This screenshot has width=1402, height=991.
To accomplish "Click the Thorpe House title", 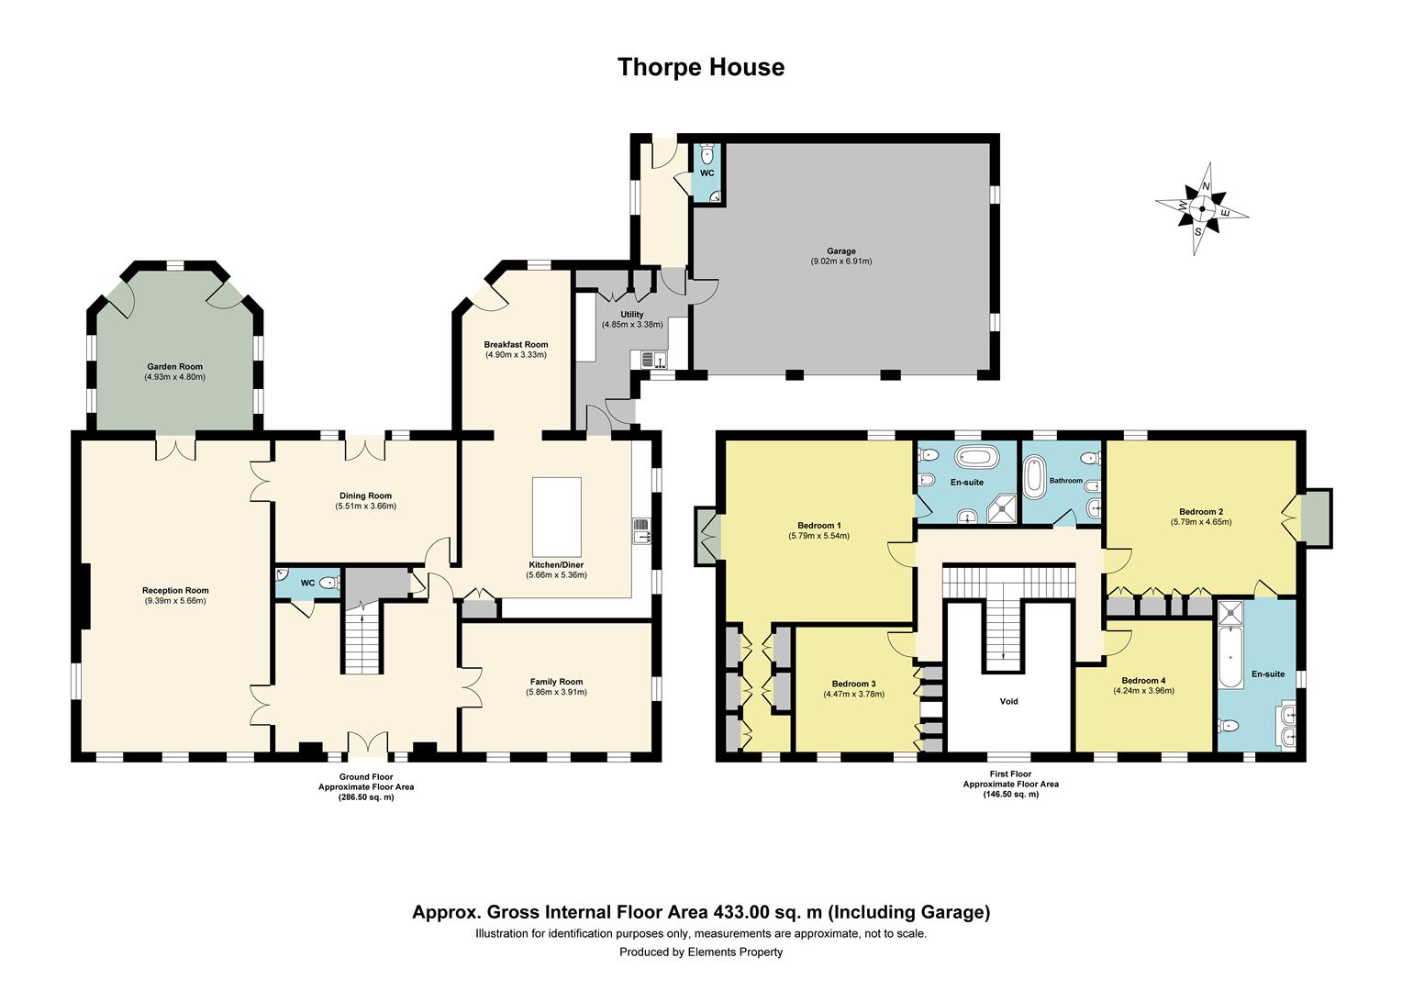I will coord(700,67).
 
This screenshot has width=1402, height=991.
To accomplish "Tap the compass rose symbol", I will coord(1201,207).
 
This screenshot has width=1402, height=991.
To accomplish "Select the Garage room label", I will coord(840,251).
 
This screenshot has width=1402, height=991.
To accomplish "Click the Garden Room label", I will coord(173,366).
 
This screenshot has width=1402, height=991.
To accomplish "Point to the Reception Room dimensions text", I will coord(175,601).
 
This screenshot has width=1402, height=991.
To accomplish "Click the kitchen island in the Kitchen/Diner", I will coord(556,511).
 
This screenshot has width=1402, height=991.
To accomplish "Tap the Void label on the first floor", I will coord(1008,701).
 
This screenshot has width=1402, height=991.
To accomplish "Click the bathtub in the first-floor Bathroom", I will coord(1036,478).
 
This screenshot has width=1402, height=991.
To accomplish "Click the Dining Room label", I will coord(365,495).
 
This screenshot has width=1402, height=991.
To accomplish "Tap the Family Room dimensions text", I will coord(556,692).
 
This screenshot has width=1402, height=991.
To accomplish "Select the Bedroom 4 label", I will coord(1143,680).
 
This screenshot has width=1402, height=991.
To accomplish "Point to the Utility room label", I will coord(631,314).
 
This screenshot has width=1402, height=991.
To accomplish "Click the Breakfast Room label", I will coord(516,344).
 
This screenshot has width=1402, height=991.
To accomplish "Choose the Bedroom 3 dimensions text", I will coord(853,694).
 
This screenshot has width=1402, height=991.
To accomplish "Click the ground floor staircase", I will coord(363,642).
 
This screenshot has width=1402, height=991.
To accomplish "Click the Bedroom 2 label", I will coord(1200,511).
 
